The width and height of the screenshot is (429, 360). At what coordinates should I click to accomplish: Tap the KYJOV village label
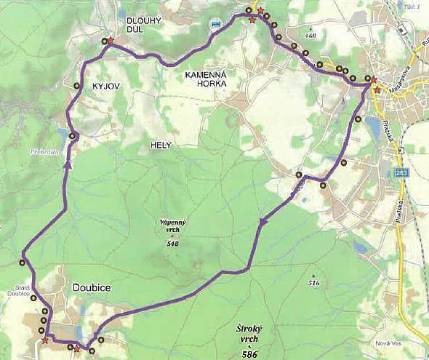[106, 86]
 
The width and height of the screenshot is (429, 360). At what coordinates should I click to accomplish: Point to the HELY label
[160, 145]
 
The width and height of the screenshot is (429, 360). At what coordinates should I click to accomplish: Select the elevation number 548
[172, 243]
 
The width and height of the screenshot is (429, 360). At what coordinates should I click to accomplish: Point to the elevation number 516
[313, 282]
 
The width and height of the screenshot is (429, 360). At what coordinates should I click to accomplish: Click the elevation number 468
[312, 35]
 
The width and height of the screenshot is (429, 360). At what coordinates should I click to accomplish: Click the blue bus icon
[215, 25]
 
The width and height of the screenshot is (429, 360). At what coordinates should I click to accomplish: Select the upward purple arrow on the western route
[68, 164]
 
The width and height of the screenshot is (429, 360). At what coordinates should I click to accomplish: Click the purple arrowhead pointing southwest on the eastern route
[263, 221]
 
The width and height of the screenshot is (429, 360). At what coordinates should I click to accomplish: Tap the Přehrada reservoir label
[44, 153]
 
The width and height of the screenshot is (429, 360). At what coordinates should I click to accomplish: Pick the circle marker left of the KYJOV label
[76, 86]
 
